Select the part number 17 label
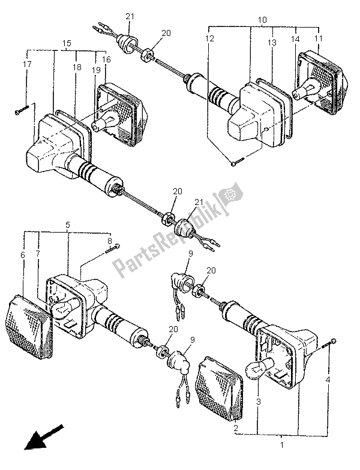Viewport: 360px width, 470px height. point(27,64)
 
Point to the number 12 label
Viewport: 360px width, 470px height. point(208,39)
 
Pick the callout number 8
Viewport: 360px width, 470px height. point(109,242)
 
